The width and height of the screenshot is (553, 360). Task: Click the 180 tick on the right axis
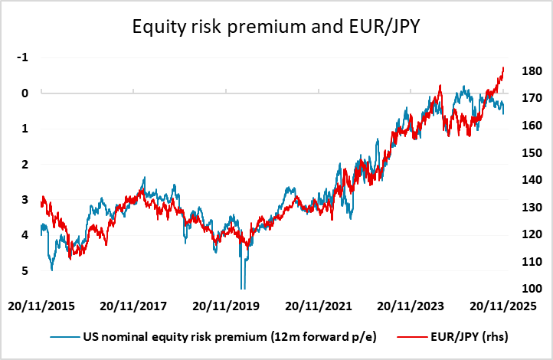click(x=531, y=71)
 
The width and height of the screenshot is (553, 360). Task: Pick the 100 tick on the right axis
click(x=531, y=289)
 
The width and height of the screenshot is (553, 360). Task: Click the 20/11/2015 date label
click(x=41, y=306)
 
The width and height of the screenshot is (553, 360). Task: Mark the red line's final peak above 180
click(x=503, y=67)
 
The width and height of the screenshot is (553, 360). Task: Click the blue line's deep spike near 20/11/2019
click(x=243, y=285)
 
